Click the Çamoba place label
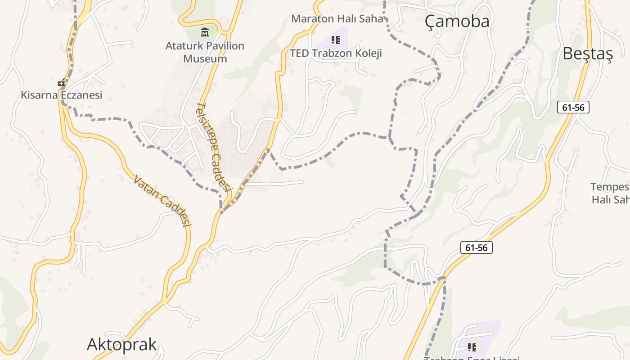(x=457, y=21)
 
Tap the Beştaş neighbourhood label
(x=588, y=54)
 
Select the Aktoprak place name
(x=121, y=344)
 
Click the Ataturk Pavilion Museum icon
(x=205, y=32)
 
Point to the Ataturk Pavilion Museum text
(x=205, y=52)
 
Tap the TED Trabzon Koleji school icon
(x=335, y=40)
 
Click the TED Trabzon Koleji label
(x=336, y=53)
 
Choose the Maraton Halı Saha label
(x=337, y=18)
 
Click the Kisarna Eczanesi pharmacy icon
(x=61, y=83)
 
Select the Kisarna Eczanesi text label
(x=62, y=95)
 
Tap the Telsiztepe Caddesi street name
(x=214, y=146)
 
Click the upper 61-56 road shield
(x=573, y=107)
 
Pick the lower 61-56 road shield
(x=477, y=247)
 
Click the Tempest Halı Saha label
(x=610, y=193)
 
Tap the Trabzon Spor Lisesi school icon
(x=472, y=347)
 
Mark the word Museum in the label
(x=205, y=58)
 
